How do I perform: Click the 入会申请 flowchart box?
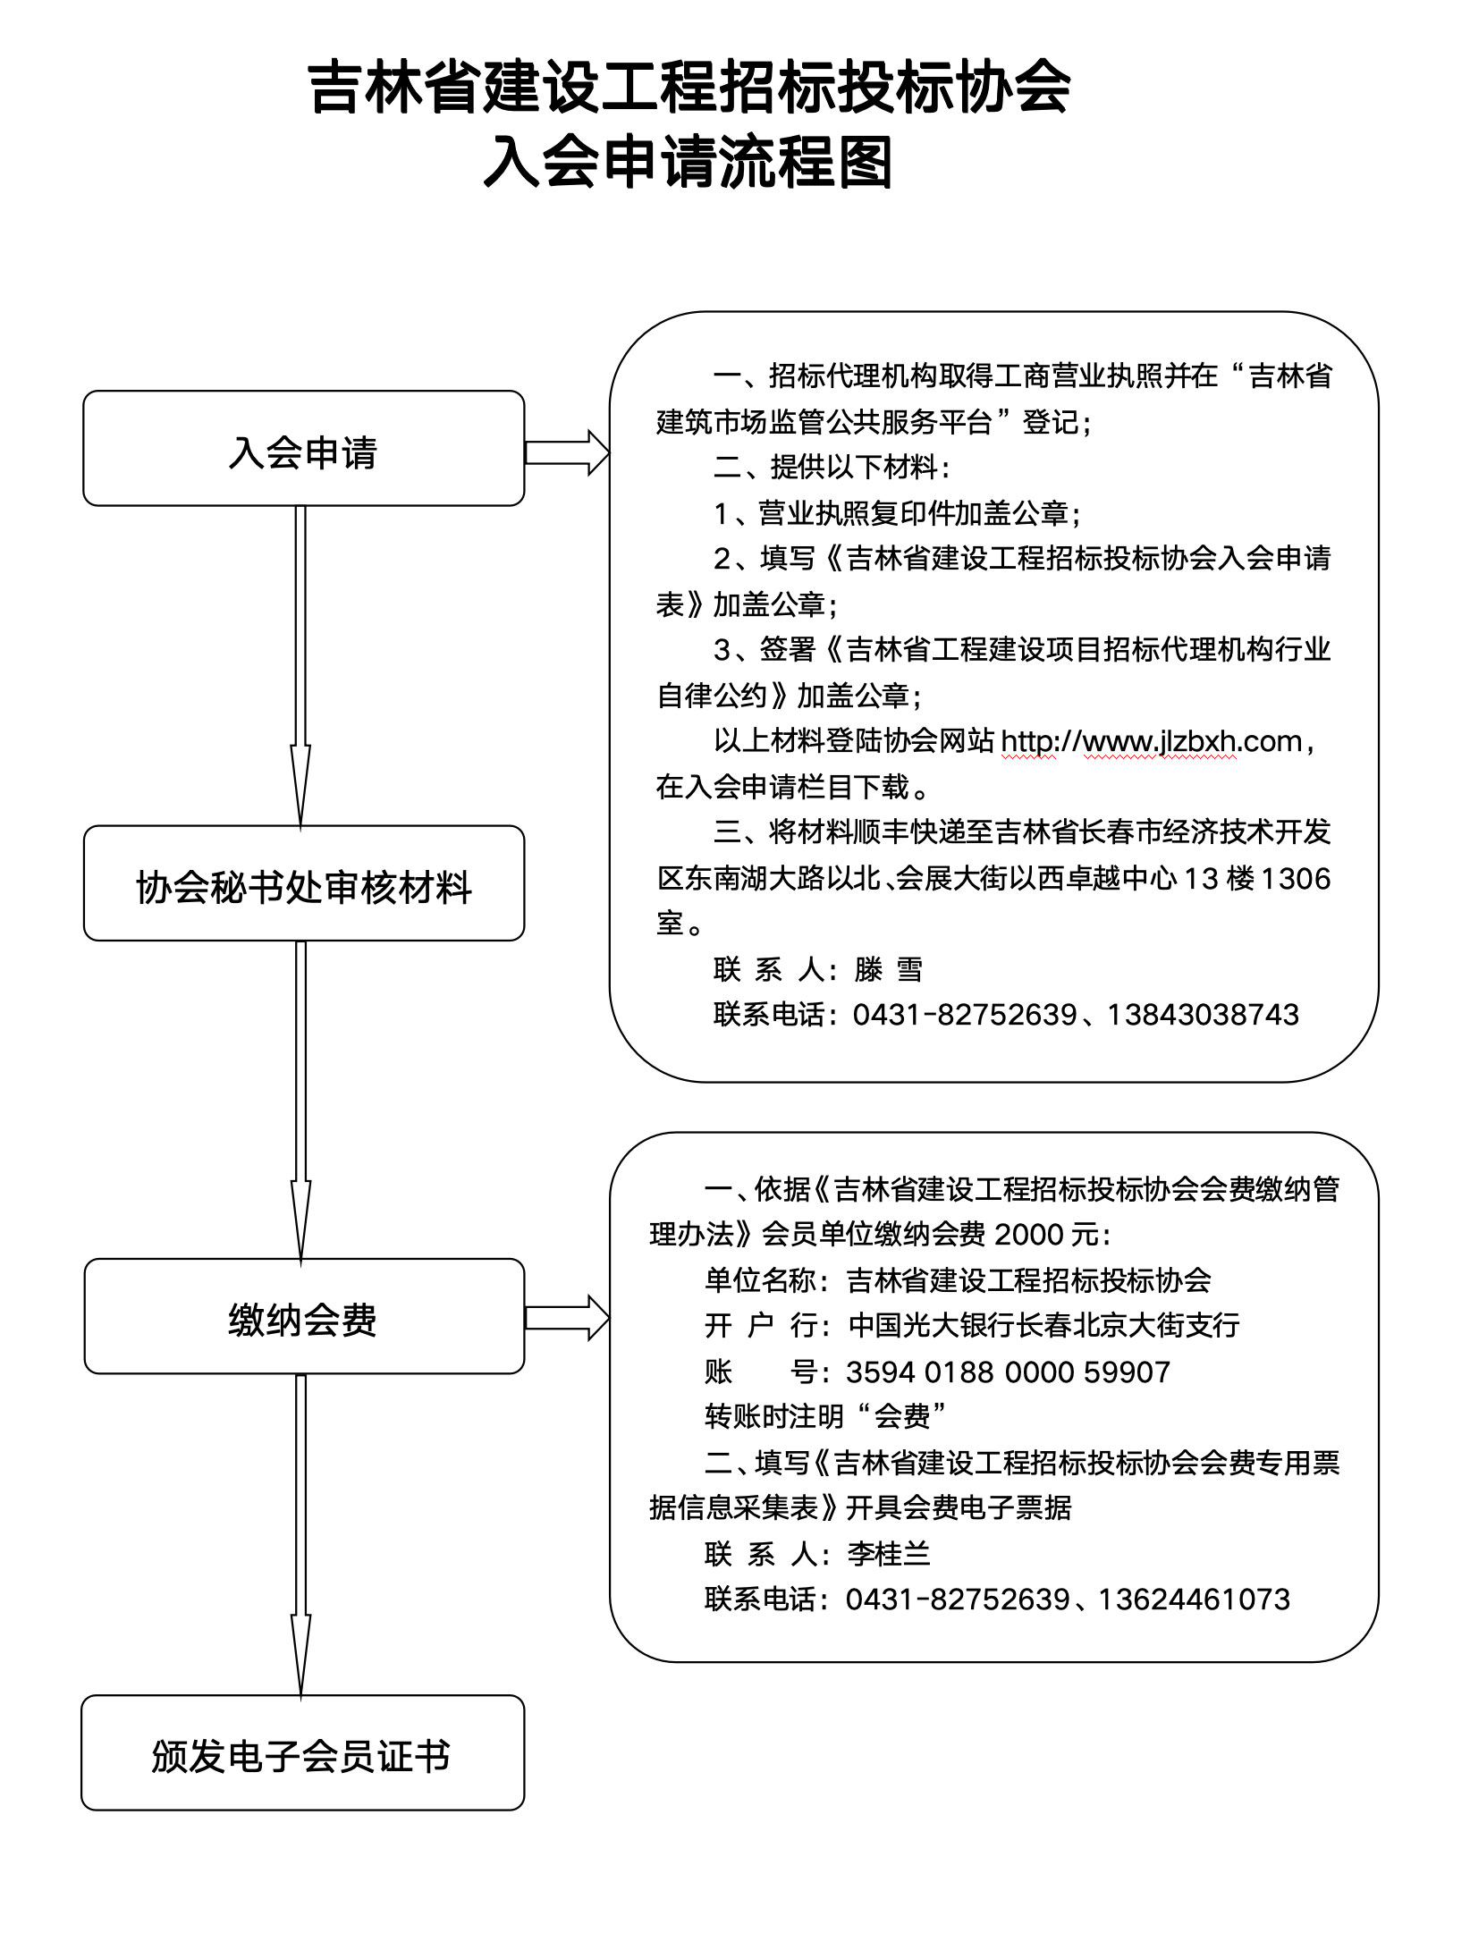(x=303, y=449)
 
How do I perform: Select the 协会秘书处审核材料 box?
(x=303, y=883)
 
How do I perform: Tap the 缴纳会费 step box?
(x=303, y=1316)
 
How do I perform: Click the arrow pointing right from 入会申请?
(x=566, y=452)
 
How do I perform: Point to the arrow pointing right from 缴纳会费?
(x=566, y=1318)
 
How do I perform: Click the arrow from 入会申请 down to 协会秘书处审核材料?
(x=300, y=665)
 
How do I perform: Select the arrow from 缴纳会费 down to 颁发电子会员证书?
(x=300, y=1534)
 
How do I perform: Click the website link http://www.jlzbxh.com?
(x=1151, y=741)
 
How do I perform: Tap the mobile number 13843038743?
(x=1203, y=1015)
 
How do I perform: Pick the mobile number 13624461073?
(x=1194, y=1600)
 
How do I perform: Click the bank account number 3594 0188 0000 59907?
(x=1008, y=1372)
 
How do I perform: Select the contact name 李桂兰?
(x=889, y=1554)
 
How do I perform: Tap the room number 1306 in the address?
(x=1295, y=879)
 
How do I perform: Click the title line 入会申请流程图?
(x=689, y=163)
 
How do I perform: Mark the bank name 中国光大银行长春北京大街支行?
(x=1043, y=1325)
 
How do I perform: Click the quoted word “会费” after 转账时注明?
(x=901, y=1417)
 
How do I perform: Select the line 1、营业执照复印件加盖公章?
(x=897, y=513)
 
